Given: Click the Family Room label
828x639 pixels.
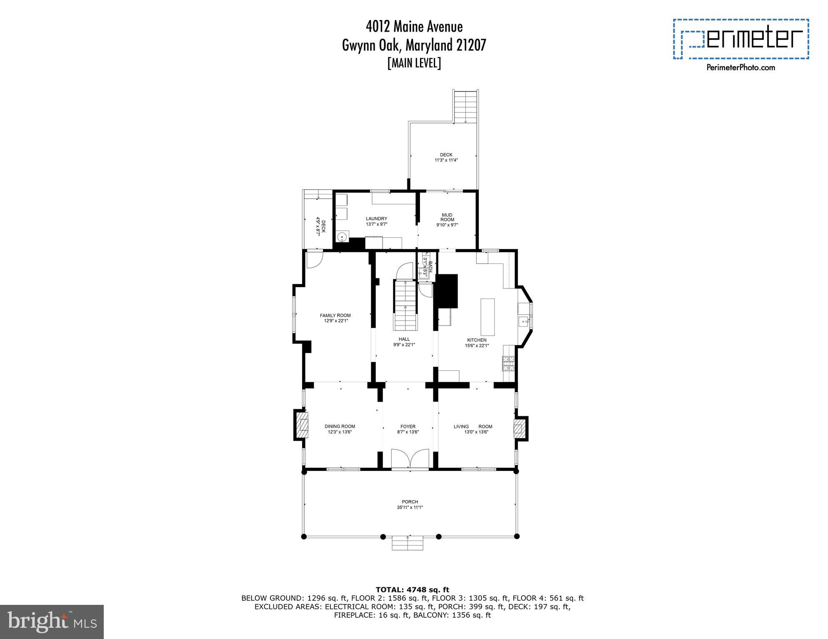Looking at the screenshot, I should [335, 315].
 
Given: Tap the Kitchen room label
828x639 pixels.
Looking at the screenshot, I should [477, 340].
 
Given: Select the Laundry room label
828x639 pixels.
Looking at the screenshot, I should [376, 219].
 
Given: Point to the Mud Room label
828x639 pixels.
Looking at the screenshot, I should [447, 217].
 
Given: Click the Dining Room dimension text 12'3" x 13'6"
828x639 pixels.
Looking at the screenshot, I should [340, 432].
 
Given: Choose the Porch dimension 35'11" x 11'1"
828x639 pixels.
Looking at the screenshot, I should [410, 507].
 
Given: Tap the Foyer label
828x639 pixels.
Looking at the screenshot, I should [408, 426].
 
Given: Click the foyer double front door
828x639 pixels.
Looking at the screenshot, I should [410, 459].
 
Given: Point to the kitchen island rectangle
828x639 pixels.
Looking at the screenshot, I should [488, 317].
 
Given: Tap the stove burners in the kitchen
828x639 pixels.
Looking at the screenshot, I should [508, 364].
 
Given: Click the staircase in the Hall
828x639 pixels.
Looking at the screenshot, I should [405, 305].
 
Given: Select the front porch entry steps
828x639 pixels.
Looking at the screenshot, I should [408, 543].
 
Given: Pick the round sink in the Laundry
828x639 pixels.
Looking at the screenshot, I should [342, 238].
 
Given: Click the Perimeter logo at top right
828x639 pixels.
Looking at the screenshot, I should [741, 39].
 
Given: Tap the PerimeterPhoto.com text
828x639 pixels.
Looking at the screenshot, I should [741, 67].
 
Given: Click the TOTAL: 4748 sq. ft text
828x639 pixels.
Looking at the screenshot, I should [412, 589].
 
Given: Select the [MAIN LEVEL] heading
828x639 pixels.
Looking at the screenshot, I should [414, 63].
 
